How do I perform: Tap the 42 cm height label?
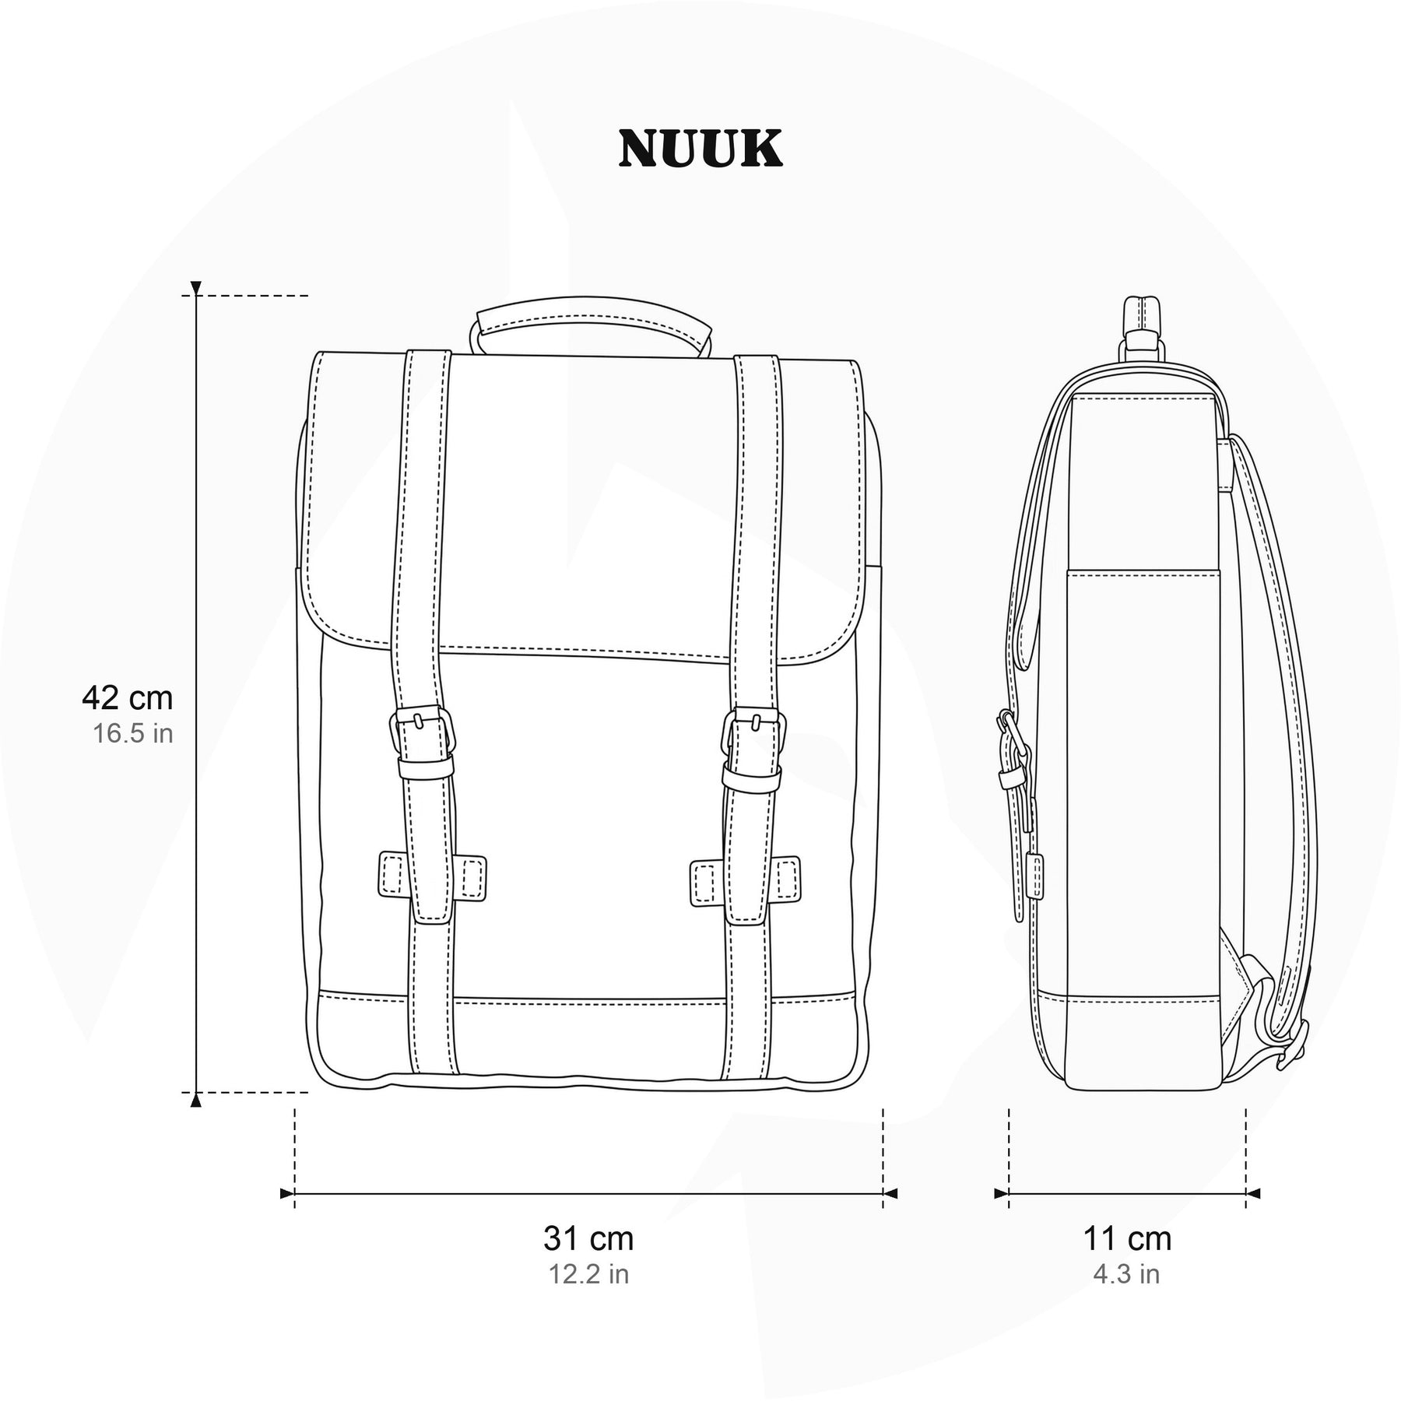click(x=127, y=698)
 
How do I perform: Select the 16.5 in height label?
click(x=133, y=733)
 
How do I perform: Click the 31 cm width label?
click(x=588, y=1238)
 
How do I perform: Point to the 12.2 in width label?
click(x=588, y=1274)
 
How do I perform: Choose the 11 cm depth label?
click(x=1127, y=1238)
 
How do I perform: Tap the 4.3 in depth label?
click(x=1126, y=1274)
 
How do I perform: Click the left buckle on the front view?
click(x=422, y=732)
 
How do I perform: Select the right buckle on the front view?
click(x=753, y=732)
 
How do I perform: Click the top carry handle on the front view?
click(x=592, y=315)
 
